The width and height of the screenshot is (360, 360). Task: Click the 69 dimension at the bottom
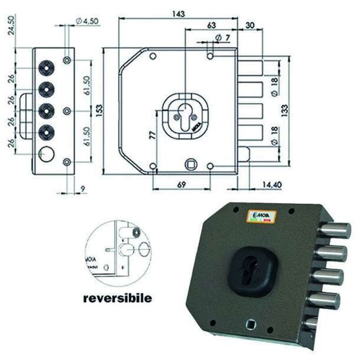[181, 184]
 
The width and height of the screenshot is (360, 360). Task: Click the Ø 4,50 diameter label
[87, 21]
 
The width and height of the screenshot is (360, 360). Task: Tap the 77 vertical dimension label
[152, 135]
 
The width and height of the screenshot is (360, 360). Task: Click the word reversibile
[117, 298]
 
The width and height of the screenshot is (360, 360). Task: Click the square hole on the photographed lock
[251, 324]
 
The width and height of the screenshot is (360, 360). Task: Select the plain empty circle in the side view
[46, 154]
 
